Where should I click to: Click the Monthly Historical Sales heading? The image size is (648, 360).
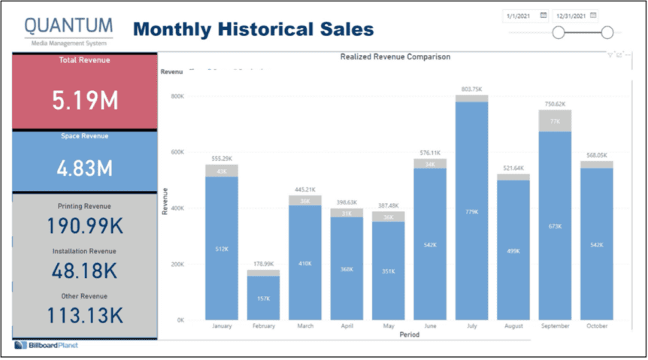click(x=253, y=29)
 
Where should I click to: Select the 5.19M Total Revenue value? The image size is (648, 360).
click(x=84, y=101)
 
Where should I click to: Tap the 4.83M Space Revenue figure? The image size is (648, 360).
click(x=84, y=168)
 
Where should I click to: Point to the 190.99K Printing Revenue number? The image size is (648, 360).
click(x=84, y=226)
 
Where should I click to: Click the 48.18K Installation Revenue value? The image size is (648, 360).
click(x=84, y=271)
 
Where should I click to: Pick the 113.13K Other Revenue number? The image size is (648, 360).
click(x=84, y=316)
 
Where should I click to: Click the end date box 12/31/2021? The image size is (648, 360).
click(x=571, y=15)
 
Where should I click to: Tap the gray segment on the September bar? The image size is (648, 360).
click(x=555, y=121)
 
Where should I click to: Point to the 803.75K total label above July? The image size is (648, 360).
click(x=471, y=89)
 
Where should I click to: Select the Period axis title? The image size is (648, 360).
click(x=410, y=334)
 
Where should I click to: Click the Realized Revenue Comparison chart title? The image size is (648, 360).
click(x=395, y=56)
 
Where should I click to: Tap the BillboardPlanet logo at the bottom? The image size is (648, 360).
click(x=47, y=346)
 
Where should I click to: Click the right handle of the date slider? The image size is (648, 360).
click(x=607, y=32)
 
